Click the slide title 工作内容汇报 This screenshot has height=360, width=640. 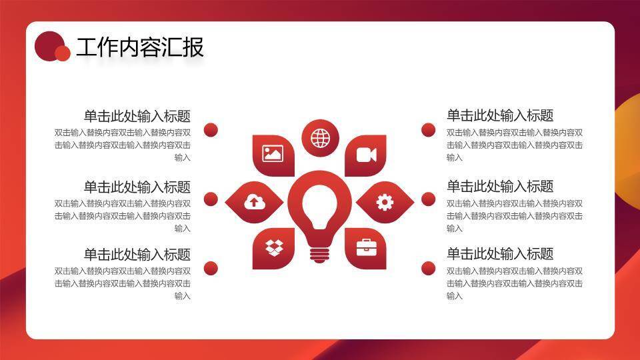(x=139, y=47)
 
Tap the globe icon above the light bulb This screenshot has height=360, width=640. (x=321, y=138)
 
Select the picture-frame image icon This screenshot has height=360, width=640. (x=273, y=154)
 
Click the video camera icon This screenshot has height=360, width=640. (x=366, y=155)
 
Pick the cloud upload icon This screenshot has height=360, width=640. (x=254, y=201)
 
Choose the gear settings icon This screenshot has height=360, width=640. (x=385, y=201)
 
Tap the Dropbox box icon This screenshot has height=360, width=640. (x=274, y=247)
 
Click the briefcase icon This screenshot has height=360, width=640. (x=366, y=247)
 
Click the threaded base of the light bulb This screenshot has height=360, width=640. (x=319, y=254)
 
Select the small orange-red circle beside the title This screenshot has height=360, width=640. (x=63, y=53)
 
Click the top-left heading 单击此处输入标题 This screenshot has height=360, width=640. (x=137, y=116)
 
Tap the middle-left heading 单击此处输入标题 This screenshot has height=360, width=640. (x=137, y=187)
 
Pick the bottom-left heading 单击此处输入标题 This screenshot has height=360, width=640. (x=137, y=254)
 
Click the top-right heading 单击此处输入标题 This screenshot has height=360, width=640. (x=500, y=115)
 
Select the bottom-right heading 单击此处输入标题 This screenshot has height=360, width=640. (x=500, y=254)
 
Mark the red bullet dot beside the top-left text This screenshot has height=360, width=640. (x=211, y=130)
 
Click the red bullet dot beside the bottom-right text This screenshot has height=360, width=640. (x=428, y=268)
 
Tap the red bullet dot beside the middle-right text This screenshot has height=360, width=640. (x=428, y=199)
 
